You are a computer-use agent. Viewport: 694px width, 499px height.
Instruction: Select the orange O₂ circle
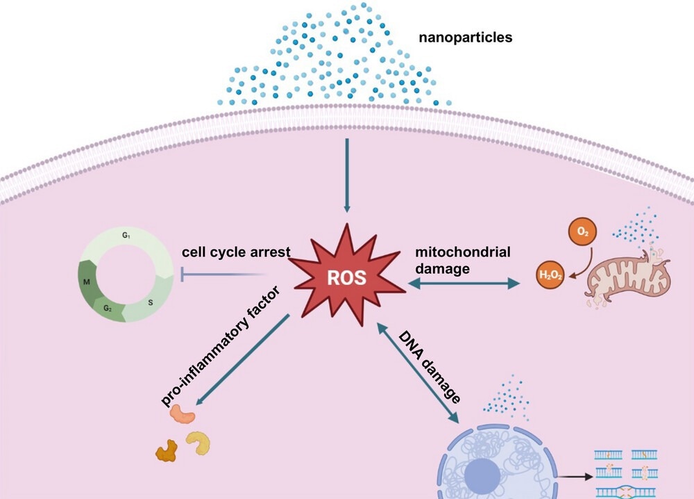point(581,231)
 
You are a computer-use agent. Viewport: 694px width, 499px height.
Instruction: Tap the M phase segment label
point(87,283)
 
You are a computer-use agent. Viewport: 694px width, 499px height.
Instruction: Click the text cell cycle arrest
point(235,252)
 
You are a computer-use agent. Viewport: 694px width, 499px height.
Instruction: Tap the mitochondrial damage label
point(455,259)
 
